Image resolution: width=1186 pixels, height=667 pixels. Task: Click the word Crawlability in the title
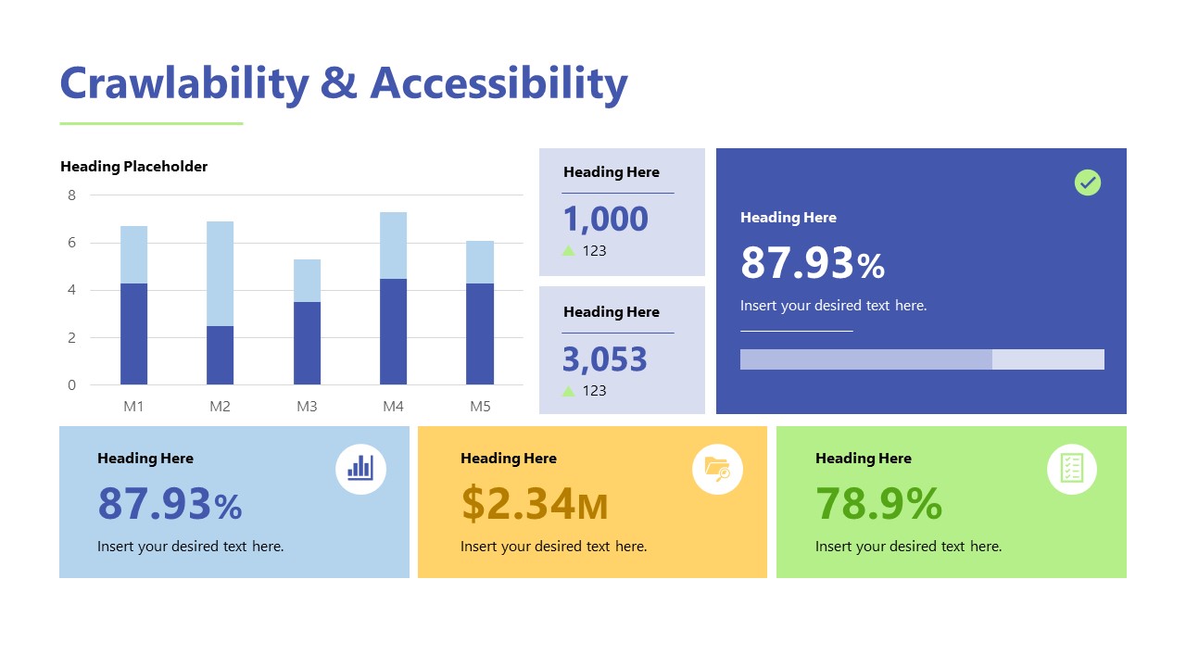184,83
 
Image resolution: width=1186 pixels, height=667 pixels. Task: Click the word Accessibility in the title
498,83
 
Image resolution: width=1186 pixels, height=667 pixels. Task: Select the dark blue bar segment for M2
220,355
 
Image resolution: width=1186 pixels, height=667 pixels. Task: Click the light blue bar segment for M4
393,245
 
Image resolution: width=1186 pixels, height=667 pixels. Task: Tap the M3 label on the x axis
307,407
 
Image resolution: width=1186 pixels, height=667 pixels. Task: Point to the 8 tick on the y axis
71,195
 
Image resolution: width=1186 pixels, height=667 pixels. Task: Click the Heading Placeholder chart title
133,167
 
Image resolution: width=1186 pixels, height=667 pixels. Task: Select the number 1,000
606,220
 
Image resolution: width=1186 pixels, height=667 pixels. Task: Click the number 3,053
606,359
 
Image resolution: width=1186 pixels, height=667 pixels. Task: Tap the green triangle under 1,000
569,250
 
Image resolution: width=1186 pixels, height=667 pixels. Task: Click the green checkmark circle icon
1087,182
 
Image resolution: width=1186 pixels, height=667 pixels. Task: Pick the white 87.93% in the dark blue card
812,263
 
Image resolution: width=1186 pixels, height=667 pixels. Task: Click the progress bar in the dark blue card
921,359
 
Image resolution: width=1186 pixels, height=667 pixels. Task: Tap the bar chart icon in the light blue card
360,469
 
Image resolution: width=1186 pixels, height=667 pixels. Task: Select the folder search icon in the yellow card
717,469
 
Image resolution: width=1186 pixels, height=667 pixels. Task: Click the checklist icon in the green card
1071,469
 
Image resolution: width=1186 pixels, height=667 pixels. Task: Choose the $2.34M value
534,505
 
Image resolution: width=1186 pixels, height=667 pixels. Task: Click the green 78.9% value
878,505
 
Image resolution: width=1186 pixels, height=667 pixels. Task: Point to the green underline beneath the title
151,123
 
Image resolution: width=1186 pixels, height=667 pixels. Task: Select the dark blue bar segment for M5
479,333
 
